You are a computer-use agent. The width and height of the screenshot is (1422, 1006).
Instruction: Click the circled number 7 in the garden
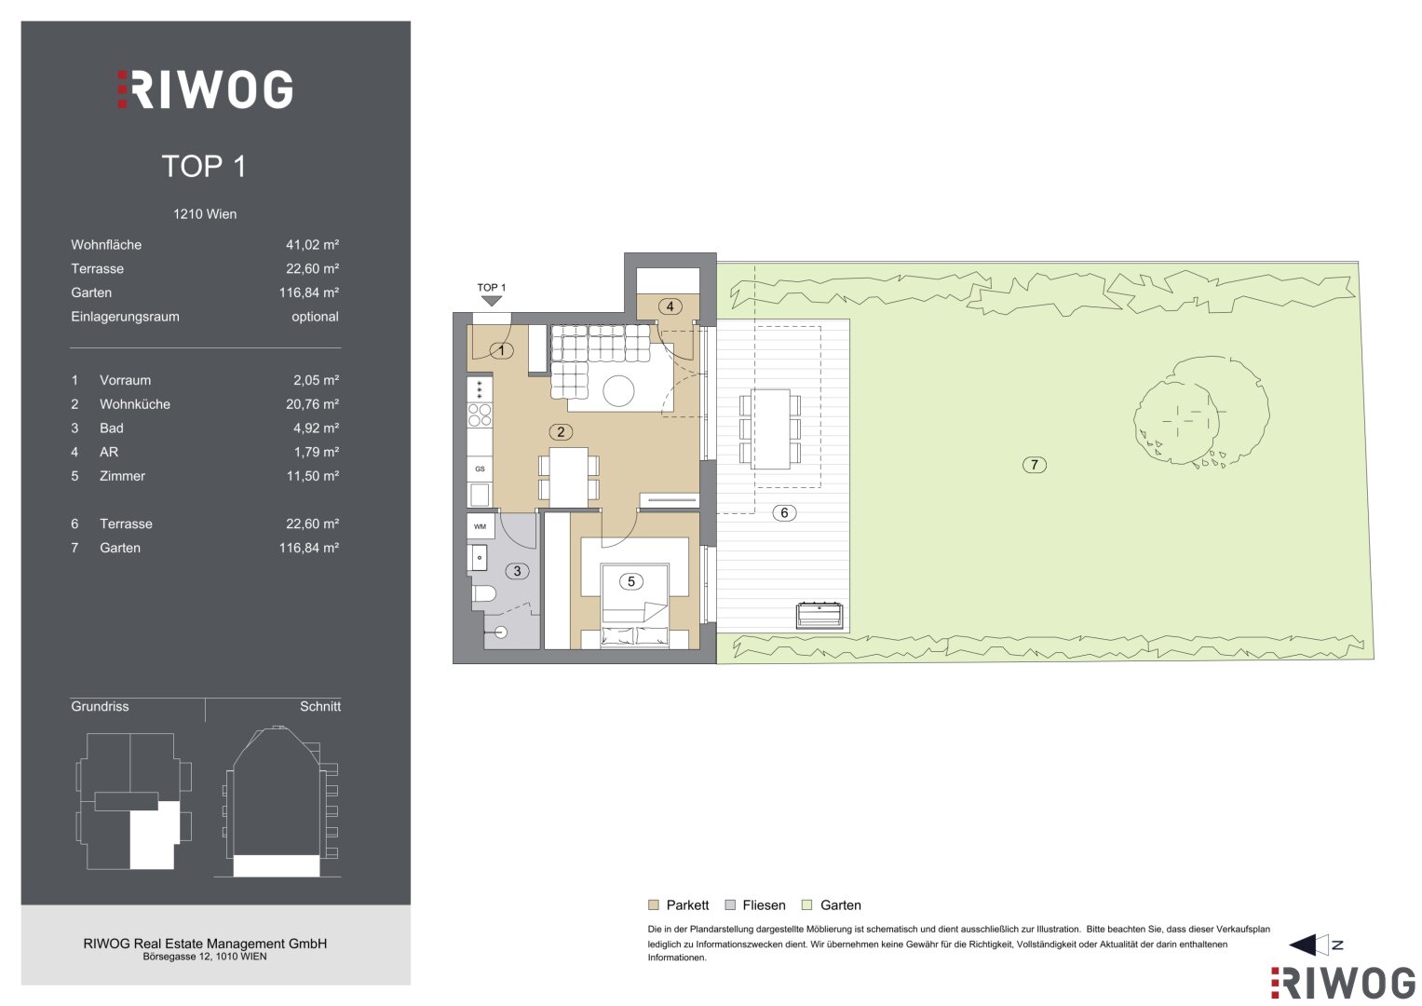coord(1034,465)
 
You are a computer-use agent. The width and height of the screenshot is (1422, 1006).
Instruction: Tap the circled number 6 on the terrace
coord(784,512)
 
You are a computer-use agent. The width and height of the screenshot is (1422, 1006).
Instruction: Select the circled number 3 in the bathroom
coord(517,571)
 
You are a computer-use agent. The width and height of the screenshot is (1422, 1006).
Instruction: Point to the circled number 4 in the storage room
coord(670,306)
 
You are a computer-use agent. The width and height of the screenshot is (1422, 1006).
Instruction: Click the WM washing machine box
coord(480,526)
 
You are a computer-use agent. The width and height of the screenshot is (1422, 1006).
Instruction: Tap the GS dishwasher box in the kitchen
coord(480,469)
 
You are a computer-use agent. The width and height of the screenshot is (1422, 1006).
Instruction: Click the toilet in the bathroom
coord(483,594)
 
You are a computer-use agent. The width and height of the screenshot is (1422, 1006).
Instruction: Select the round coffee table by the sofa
coord(618,390)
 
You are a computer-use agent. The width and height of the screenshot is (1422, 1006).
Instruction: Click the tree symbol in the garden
coord(1199,412)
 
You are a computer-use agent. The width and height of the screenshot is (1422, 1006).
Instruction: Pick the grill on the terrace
coord(819,616)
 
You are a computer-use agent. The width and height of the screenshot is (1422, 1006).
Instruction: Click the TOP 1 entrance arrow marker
coord(492,301)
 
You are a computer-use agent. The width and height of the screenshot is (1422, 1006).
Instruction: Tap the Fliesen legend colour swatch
coord(730,905)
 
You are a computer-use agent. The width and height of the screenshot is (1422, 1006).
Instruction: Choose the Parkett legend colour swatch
coord(653,905)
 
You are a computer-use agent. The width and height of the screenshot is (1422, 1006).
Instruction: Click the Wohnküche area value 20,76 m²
coord(312,404)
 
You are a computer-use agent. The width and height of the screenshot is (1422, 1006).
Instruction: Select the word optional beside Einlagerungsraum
coord(315,317)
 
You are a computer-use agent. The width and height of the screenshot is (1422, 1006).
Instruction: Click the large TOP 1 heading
coord(204,167)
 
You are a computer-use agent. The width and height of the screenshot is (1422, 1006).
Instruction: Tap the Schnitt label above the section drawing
coord(320,706)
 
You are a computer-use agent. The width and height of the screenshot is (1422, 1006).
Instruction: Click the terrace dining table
coord(771,429)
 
